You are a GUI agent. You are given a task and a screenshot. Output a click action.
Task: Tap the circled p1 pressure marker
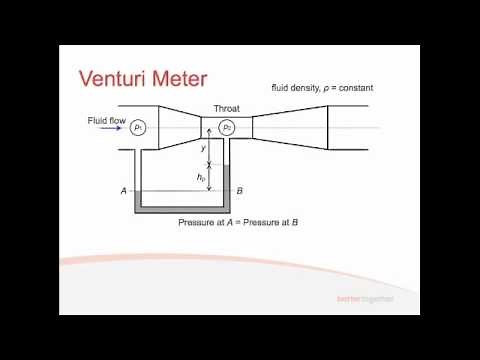[x=140, y=127]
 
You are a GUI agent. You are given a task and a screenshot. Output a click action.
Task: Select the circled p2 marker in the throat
[x=227, y=127]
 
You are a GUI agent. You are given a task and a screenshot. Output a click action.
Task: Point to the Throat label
[x=226, y=108]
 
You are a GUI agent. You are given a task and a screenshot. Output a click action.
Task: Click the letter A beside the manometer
[x=123, y=190]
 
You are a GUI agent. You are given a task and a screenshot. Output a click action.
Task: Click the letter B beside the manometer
[x=240, y=190]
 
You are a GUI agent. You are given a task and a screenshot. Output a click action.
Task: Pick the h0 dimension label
[x=202, y=177]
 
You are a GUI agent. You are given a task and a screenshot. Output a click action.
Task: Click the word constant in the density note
[x=345, y=89]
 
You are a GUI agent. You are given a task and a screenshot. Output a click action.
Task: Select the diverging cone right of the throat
[x=290, y=127]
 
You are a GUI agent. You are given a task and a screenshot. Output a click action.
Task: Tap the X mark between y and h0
[x=208, y=164]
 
